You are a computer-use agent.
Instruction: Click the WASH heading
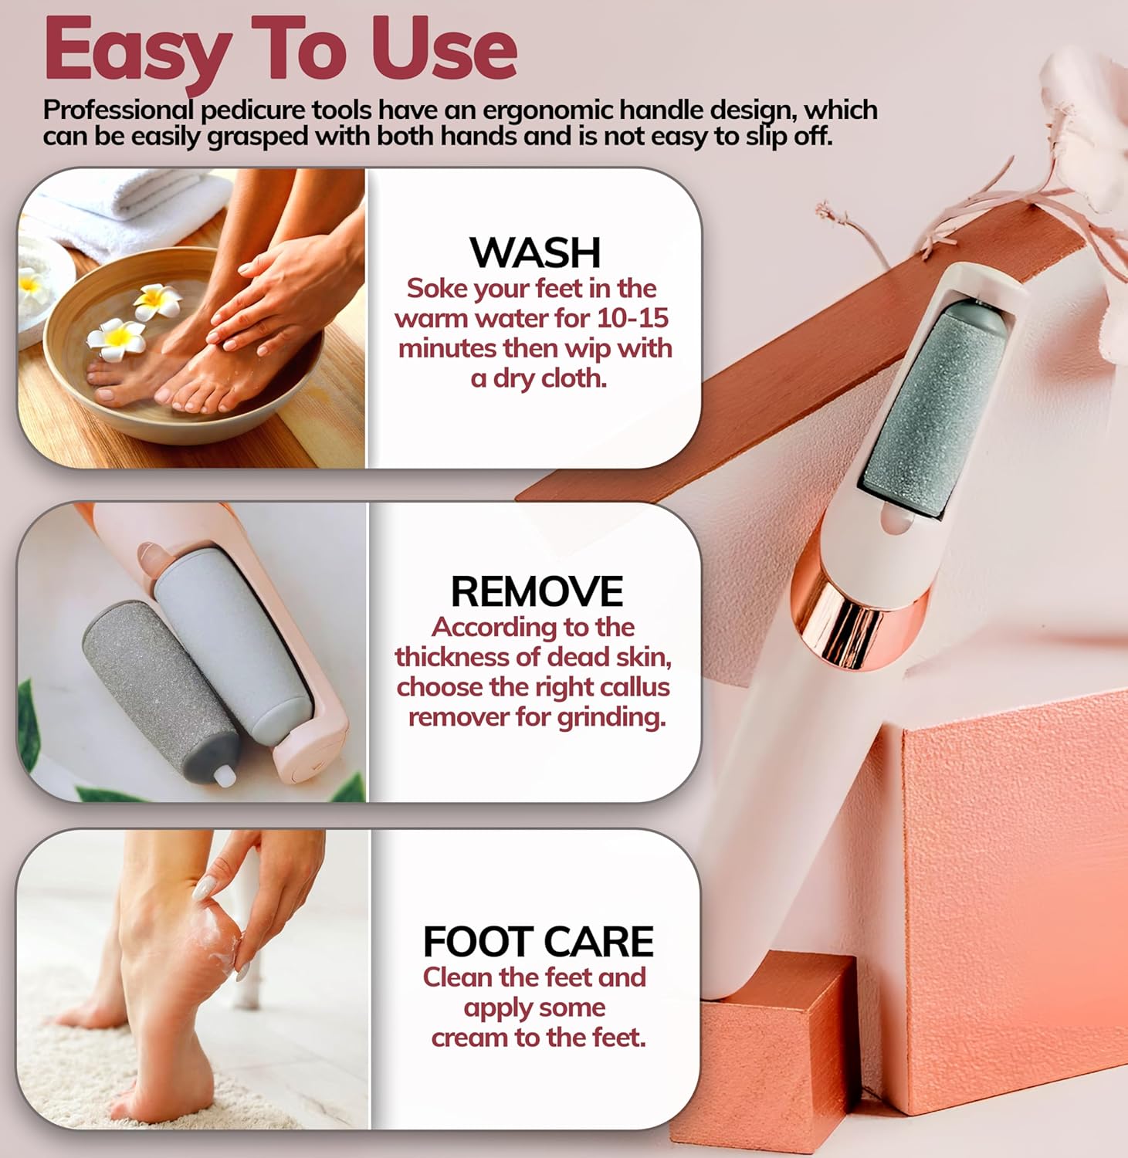coord(535,252)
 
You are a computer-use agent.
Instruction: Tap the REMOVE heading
coord(537,591)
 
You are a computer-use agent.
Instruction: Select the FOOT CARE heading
coord(538,941)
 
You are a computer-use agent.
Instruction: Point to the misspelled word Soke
coord(437,289)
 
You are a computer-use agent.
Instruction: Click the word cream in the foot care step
coord(470,1038)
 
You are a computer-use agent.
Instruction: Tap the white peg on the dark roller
coord(225,775)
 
